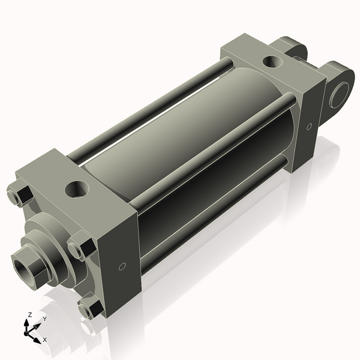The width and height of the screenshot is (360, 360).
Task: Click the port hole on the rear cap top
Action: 274,61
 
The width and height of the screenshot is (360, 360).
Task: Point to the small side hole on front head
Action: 122,266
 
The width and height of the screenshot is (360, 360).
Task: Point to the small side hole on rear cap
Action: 309,127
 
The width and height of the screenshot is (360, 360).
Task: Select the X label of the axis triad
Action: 45,340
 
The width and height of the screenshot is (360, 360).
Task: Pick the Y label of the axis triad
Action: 44,319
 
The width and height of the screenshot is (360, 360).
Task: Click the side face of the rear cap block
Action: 307,126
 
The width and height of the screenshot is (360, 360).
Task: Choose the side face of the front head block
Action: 120,252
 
